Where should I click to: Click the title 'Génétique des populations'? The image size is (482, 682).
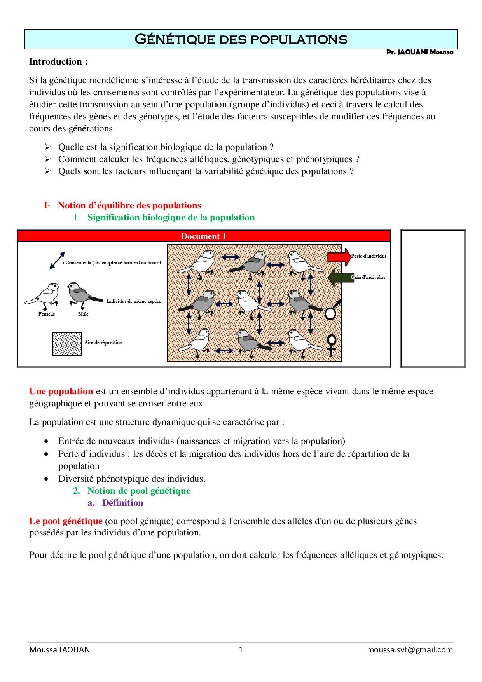(x=241, y=39)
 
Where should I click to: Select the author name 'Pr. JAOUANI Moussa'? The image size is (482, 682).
(x=419, y=52)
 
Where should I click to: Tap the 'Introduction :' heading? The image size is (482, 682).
(x=58, y=61)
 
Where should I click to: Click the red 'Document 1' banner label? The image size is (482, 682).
(x=203, y=236)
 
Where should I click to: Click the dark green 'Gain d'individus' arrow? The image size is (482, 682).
(x=341, y=278)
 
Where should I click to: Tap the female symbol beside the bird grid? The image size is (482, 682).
(x=331, y=344)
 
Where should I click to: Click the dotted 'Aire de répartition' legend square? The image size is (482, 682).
(x=67, y=344)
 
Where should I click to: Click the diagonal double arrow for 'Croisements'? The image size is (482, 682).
(x=57, y=261)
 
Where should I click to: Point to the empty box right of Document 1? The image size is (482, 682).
(x=433, y=298)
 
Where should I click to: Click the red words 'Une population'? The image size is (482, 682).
(x=61, y=391)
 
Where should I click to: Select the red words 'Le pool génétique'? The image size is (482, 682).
(x=66, y=521)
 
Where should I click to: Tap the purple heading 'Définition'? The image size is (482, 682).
(x=122, y=503)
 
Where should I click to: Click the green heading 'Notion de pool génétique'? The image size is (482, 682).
(x=139, y=491)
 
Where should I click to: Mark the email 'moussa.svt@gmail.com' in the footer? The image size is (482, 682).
(x=410, y=650)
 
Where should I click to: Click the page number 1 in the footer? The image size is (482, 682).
(x=241, y=650)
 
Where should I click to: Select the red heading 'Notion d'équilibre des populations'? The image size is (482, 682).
(x=129, y=205)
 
